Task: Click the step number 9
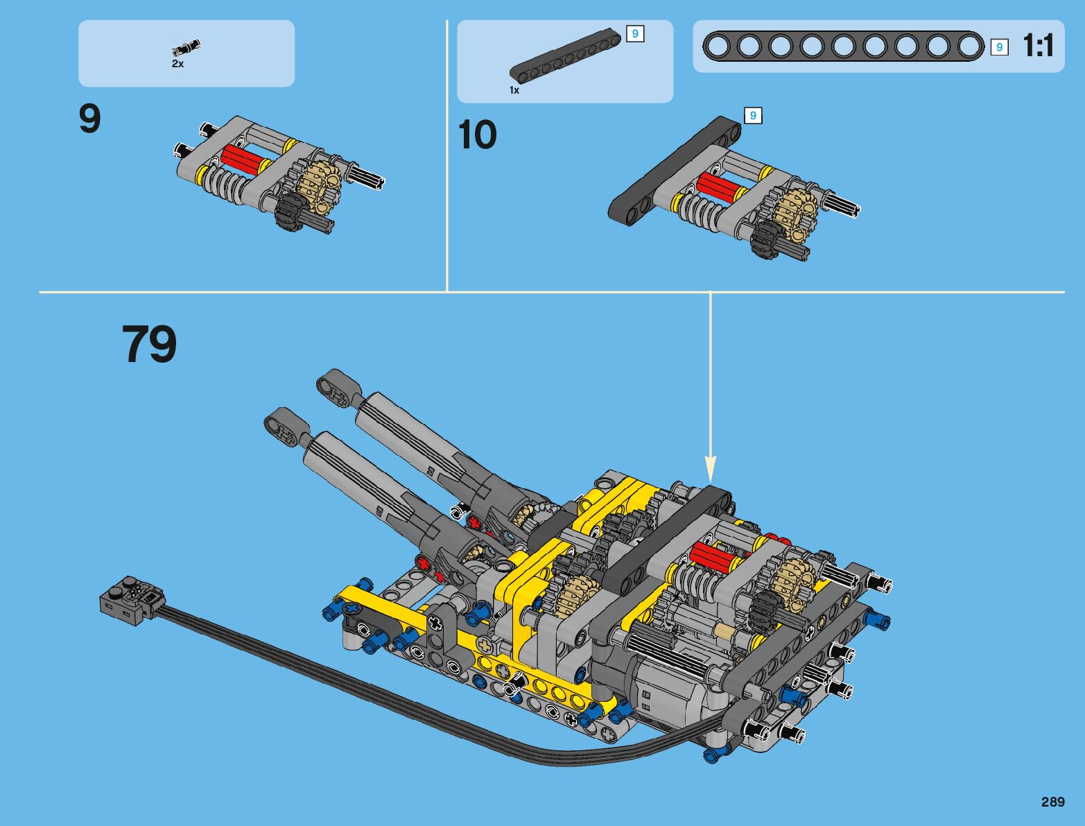click(x=90, y=119)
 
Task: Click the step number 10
click(x=478, y=135)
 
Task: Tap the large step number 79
click(x=150, y=345)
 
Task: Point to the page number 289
click(x=1052, y=802)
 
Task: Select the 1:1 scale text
click(x=1038, y=46)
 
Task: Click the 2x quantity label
click(x=178, y=64)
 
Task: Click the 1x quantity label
click(x=514, y=90)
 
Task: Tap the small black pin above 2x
click(x=186, y=48)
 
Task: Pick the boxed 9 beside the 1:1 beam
click(x=999, y=47)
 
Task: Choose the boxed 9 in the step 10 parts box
click(x=635, y=33)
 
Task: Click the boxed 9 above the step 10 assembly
click(x=753, y=116)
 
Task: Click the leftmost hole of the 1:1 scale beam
click(x=718, y=46)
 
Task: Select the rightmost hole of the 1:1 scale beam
click(x=970, y=46)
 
